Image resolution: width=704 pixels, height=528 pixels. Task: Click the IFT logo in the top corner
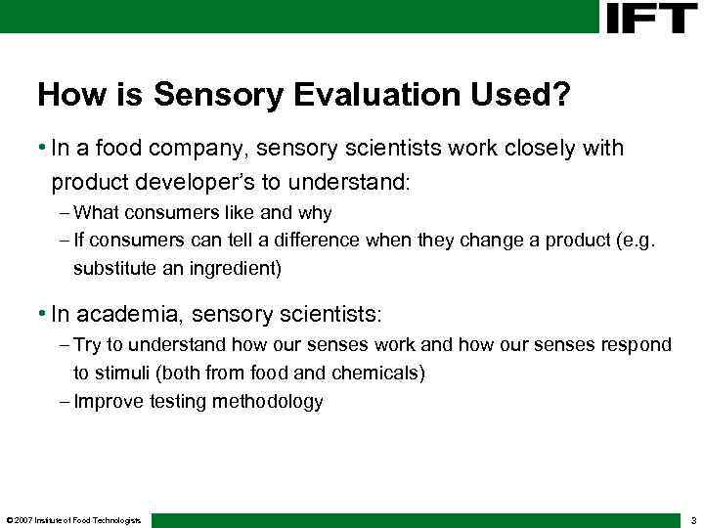click(651, 18)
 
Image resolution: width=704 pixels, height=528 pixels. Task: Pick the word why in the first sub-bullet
click(313, 212)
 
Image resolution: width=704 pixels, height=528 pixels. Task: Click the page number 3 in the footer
click(691, 520)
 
